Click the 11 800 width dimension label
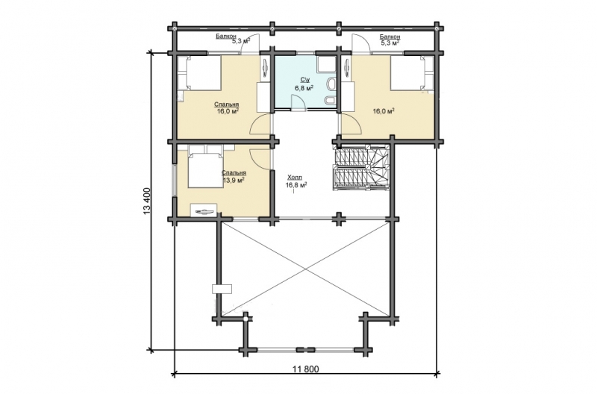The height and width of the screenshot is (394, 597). (306, 369)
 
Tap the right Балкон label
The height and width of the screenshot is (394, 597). (390, 37)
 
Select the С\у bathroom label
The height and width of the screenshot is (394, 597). (304, 80)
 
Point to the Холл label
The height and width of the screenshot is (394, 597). (294, 177)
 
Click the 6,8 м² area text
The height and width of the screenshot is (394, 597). (304, 88)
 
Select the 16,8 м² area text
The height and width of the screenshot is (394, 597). (296, 185)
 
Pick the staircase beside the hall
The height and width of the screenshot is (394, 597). (362, 167)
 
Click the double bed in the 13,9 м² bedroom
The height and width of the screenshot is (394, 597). (205, 166)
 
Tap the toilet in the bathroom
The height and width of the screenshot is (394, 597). (330, 83)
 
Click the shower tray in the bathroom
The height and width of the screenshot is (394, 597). (326, 64)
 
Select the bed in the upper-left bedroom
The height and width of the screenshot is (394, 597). (199, 73)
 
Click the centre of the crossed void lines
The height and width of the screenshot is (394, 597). (305, 269)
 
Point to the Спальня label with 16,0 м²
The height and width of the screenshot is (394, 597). (227, 104)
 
